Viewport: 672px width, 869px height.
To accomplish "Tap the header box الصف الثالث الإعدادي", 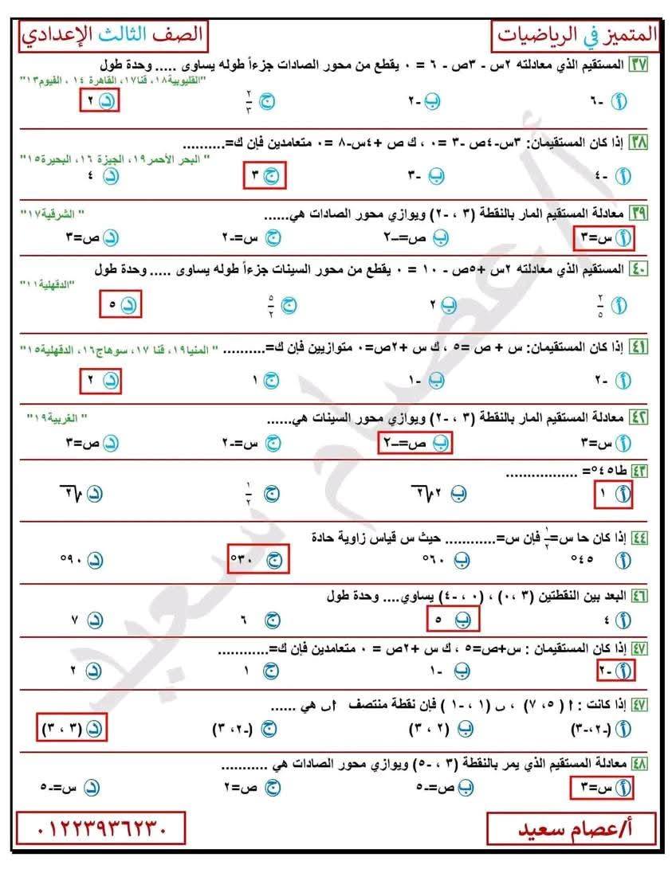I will pos(112,35).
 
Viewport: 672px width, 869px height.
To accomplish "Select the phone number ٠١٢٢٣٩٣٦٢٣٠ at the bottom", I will pos(100,829).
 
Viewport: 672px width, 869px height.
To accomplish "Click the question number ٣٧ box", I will pos(638,64).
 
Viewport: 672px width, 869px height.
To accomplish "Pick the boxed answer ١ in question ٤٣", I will pos(615,495).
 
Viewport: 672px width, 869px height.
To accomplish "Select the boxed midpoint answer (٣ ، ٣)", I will pos(74,728).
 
